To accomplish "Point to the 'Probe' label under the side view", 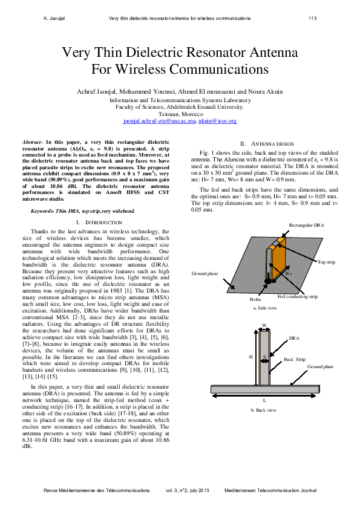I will coord(255,299).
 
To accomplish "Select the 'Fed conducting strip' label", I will coord(297,296).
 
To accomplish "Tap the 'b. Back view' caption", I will coord(264,410).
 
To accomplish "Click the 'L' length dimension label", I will coord(264,400).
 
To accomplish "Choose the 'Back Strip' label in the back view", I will coord(295,359).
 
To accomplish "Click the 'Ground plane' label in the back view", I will coord(320,366).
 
